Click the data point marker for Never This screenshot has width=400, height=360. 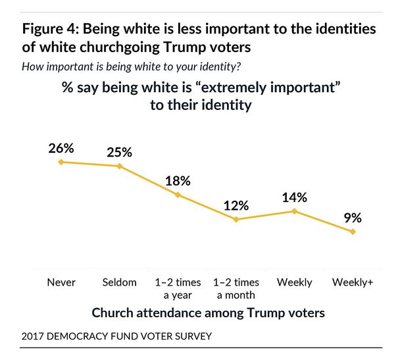point(61,162)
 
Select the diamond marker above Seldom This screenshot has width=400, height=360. point(119,166)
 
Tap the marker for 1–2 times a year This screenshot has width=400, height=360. point(178,195)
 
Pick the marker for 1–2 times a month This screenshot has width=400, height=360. point(236,219)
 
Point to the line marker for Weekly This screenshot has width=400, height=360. point(295,211)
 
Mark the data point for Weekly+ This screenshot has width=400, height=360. point(353,232)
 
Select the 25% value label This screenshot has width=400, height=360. point(119,151)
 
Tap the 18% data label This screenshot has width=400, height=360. point(178,180)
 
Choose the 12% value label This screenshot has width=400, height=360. point(236,205)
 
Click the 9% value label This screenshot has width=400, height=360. point(353,217)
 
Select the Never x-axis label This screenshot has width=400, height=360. point(61,282)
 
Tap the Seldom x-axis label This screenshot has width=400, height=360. point(119,282)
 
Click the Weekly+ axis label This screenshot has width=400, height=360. point(353,282)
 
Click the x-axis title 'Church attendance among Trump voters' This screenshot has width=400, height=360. point(208,313)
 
